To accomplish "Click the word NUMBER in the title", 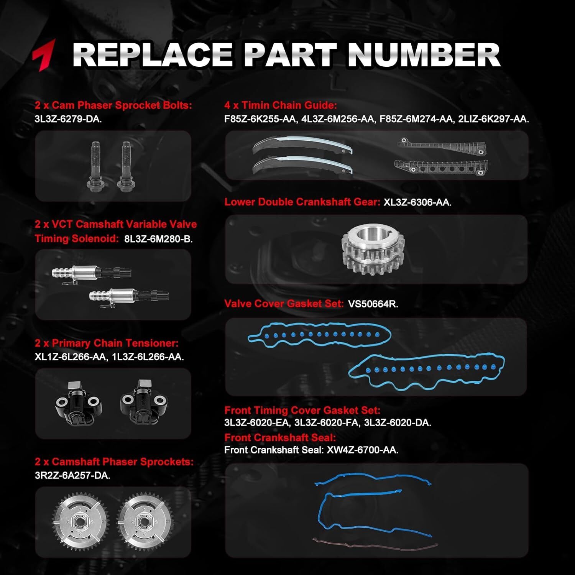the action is tap(424, 55).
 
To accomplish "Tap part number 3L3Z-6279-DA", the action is tap(68, 119).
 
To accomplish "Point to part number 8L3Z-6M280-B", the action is tap(158, 239).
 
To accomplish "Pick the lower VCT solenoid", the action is tap(129, 296).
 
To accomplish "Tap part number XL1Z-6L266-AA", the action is tap(71, 357).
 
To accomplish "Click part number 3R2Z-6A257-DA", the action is tap(72, 476).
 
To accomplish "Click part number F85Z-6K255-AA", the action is tap(261, 119).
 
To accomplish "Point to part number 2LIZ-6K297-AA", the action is tap(494, 119).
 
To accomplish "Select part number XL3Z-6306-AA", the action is tap(417, 202).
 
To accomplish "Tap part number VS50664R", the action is tap(373, 304).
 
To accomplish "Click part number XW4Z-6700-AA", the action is tap(363, 450).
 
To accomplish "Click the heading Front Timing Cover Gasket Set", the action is tap(302, 410).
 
